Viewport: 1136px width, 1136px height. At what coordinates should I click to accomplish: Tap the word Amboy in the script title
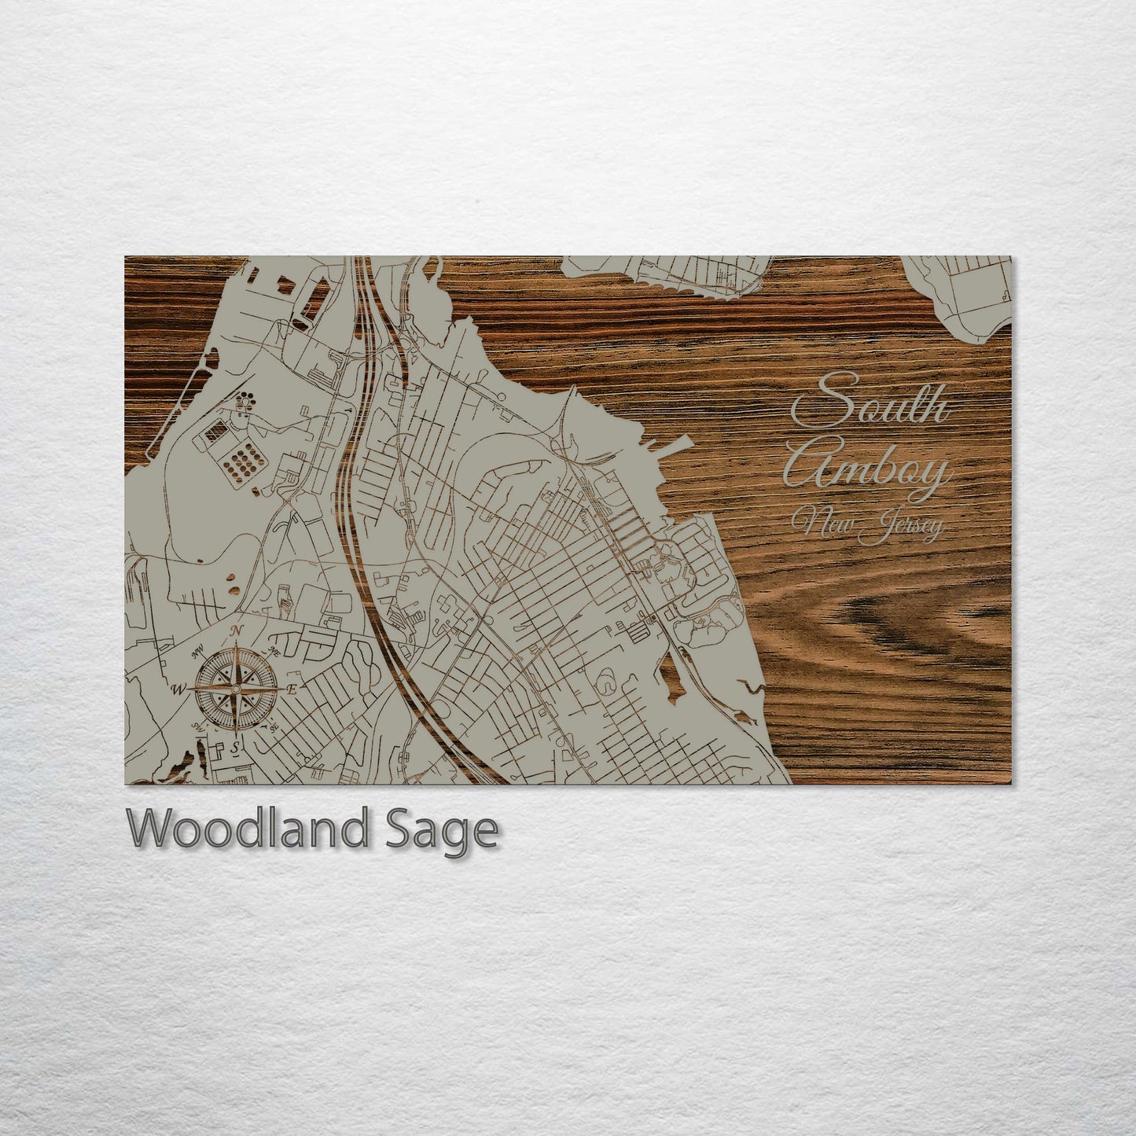867,471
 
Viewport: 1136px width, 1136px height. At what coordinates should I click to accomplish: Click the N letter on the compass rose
236,631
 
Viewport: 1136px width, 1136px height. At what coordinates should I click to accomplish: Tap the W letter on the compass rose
177,690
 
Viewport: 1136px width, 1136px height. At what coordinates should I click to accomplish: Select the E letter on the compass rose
292,689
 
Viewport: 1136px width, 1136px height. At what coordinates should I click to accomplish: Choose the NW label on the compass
197,649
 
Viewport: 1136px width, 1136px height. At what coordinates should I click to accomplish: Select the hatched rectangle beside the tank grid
215,432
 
